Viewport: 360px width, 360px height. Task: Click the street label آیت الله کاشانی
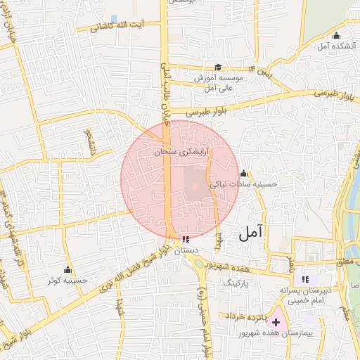coord(120,26)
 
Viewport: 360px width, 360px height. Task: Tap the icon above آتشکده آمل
coord(336,36)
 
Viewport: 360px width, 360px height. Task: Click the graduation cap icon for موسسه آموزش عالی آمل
coord(218,67)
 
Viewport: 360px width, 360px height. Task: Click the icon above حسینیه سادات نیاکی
coord(243,173)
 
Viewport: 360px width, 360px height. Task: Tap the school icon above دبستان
coord(185,239)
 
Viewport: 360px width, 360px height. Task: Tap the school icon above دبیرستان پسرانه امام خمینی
coord(307,278)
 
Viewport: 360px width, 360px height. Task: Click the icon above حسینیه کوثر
coord(67,269)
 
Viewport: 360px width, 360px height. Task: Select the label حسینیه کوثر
coord(67,281)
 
